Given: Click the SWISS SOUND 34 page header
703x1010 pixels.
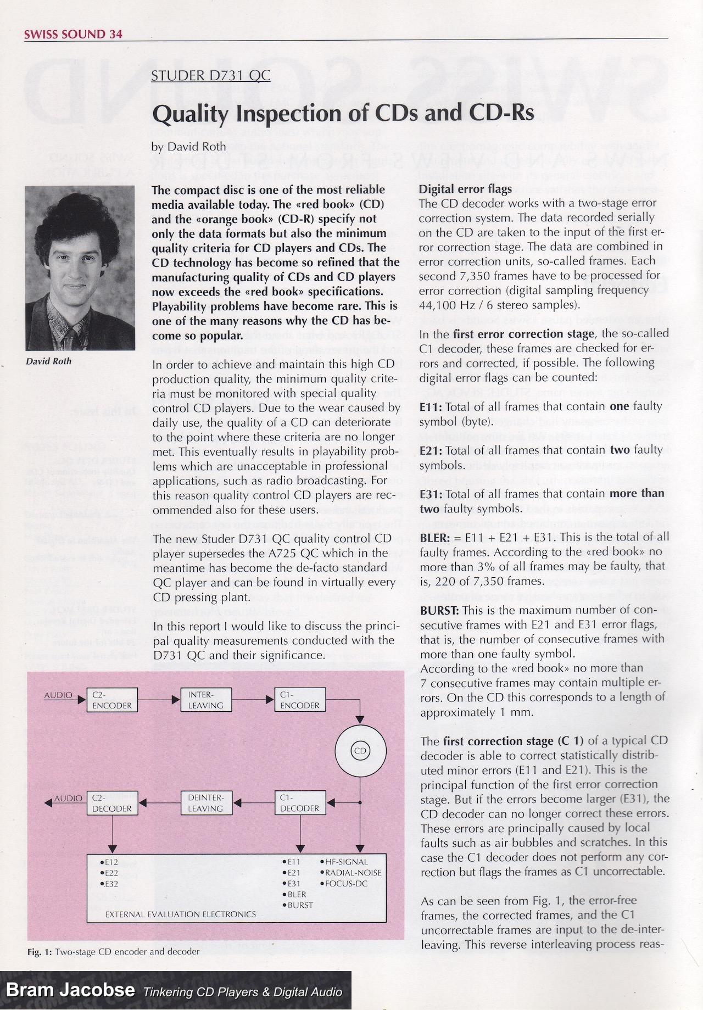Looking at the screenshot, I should pos(73,34).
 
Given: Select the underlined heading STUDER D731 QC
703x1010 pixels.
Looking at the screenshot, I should pos(211,75).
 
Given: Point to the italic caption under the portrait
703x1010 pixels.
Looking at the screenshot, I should pos(49,361).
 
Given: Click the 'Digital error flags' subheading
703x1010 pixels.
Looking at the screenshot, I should pos(465,189).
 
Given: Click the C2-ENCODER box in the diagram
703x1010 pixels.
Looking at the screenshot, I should pos(113,700).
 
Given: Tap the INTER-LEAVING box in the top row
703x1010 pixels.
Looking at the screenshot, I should pos(206,700).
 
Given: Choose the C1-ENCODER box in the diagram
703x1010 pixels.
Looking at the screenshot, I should pos(299,700).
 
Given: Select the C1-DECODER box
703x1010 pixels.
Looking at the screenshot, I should pos(299,803).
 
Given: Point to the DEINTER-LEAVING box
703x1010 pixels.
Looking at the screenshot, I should pos(206,803).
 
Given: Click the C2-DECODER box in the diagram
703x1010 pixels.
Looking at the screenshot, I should pos(113,803).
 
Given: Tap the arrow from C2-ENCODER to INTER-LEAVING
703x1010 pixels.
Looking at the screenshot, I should pos(159,700).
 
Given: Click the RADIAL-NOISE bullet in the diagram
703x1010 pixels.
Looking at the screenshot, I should pos(353,872).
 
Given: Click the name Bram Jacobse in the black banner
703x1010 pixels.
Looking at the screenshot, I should pos(71,990).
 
